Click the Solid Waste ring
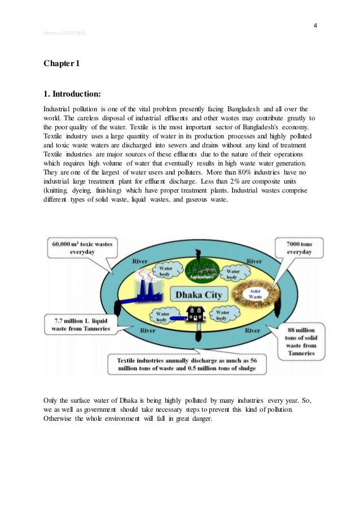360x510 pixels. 255,293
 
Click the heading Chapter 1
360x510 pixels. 62,63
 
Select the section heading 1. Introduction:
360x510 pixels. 71,94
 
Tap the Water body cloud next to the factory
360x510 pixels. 165,272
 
